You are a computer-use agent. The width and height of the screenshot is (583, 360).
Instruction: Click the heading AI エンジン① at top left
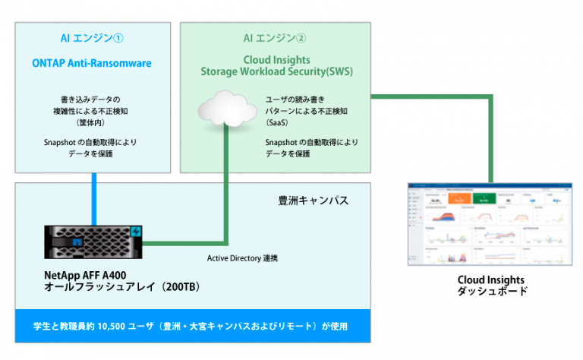coord(92,39)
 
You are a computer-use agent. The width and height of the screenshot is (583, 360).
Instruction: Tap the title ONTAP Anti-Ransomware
coord(92,63)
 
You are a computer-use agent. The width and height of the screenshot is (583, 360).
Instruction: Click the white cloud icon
coord(225,109)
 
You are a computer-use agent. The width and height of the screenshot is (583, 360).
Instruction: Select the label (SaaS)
coord(277,122)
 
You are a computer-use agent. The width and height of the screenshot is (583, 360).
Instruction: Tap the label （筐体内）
coord(92,122)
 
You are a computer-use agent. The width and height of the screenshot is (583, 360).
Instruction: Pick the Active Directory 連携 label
coord(243,258)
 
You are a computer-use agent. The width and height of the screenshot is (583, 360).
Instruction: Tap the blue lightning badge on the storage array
coord(137,231)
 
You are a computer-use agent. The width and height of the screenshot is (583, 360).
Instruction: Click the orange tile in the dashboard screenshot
coord(459,200)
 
